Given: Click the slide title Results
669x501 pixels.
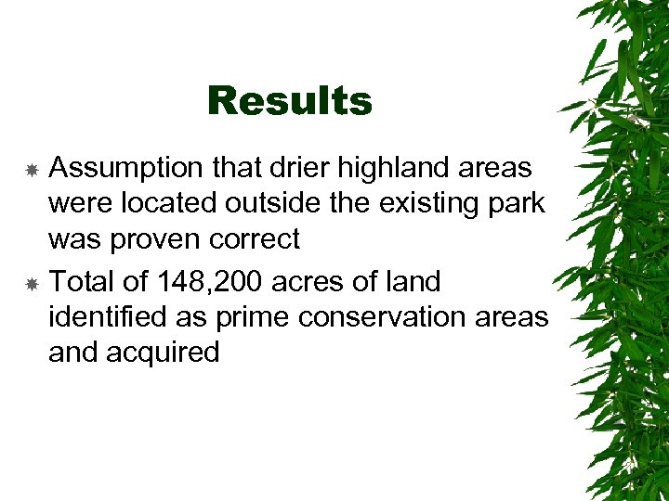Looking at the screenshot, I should (289, 100).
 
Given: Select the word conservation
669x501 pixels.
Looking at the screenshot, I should (384, 316).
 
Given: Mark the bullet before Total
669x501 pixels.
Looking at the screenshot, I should (31, 282).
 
